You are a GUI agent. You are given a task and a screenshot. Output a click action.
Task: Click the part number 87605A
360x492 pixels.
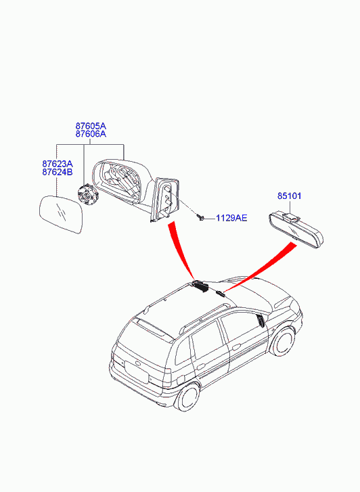[x=91, y=126]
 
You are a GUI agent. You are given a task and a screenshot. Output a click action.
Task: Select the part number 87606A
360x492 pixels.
[x=91, y=134]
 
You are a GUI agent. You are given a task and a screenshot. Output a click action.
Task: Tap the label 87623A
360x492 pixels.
[x=58, y=164]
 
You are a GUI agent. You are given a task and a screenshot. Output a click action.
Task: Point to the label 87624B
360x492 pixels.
[x=58, y=172]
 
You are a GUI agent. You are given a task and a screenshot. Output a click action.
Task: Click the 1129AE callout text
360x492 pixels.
[x=231, y=218]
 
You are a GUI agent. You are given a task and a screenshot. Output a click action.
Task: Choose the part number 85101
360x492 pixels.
[x=289, y=196]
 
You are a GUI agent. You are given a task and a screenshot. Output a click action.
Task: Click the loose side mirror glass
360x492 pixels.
[x=62, y=215]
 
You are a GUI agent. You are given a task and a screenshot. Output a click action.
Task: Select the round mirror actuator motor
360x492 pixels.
[x=88, y=195]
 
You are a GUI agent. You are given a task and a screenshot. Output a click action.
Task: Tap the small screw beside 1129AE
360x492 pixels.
[x=200, y=217]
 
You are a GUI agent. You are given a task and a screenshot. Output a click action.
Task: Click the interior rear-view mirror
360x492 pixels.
[x=296, y=229]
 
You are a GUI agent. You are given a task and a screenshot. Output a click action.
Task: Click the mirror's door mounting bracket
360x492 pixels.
[x=164, y=200]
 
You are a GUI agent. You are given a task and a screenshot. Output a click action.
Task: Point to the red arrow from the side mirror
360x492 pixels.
[x=182, y=250]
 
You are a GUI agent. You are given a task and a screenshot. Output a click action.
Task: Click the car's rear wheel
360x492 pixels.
[x=187, y=395]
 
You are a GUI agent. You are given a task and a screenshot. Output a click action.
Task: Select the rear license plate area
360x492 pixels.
[x=137, y=372]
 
